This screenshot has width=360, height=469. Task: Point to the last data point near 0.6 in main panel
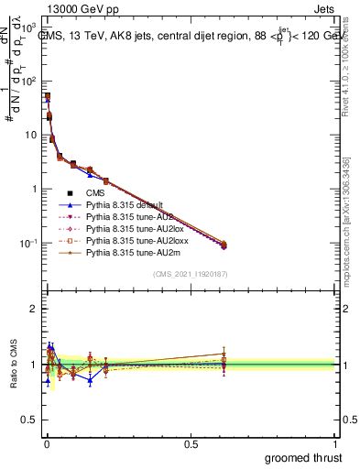[x=224, y=245]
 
